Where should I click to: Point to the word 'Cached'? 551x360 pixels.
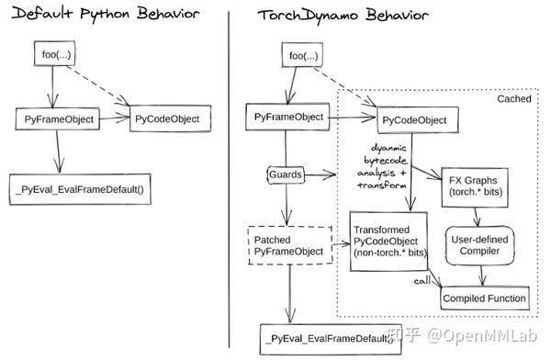click(x=513, y=97)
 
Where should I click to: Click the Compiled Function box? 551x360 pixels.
click(x=485, y=298)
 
